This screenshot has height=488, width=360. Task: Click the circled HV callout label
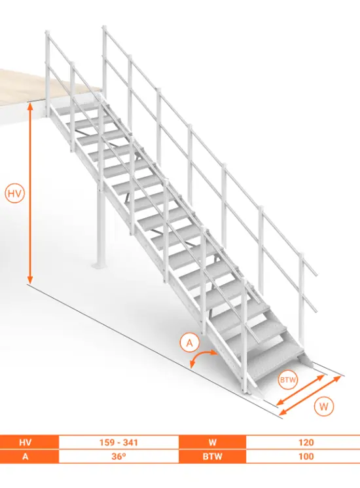coord(14,194)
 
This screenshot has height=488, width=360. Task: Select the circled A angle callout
coord(189,343)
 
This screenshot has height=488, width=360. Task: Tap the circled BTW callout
coord(288,380)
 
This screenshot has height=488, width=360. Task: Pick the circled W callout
coord(323,407)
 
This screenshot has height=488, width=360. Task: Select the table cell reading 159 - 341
coord(118,442)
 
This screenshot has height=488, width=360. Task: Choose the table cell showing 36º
coord(118,457)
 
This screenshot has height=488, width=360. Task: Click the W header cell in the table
coord(213,442)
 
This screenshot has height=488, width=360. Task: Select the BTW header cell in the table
coord(213,457)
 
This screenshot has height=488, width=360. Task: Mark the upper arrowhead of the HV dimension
coord(30,106)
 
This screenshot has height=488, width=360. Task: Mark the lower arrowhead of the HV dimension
coord(30,280)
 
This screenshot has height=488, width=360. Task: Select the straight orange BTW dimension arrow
coord(300,390)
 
